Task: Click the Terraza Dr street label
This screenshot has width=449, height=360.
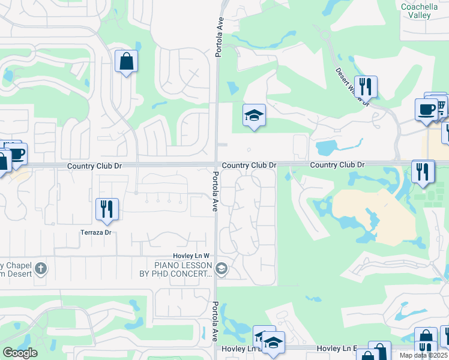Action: (97, 232)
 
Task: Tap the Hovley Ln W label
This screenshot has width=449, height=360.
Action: (191, 256)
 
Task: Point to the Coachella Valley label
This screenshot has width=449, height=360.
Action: (417, 11)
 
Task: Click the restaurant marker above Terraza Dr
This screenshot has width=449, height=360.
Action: (107, 209)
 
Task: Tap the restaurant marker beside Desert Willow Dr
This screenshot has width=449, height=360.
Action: (365, 87)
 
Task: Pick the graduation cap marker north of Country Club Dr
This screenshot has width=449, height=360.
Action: (254, 115)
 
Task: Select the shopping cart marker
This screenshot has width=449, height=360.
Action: (439, 106)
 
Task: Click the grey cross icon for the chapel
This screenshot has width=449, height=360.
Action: (40, 268)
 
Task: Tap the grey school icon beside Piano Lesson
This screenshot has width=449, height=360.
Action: (221, 268)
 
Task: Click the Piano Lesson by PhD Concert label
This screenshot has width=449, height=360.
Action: (183, 269)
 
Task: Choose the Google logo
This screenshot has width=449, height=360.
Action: (19, 353)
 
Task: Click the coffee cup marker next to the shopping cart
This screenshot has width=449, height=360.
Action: (426, 110)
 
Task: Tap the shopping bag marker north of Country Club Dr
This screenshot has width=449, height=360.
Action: (127, 61)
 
